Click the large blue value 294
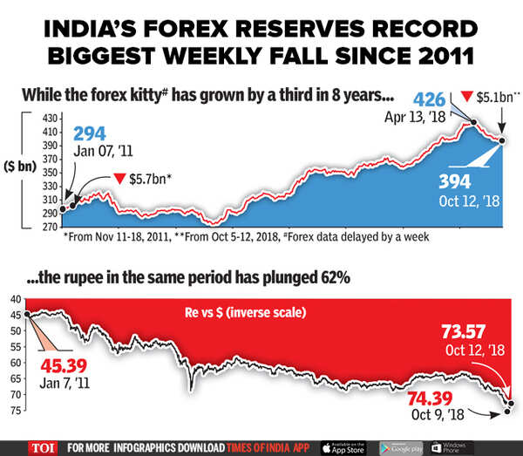pyautogui.click(x=89, y=133)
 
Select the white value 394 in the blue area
pyautogui.click(x=453, y=181)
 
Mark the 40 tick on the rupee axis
pyautogui.click(x=17, y=298)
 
